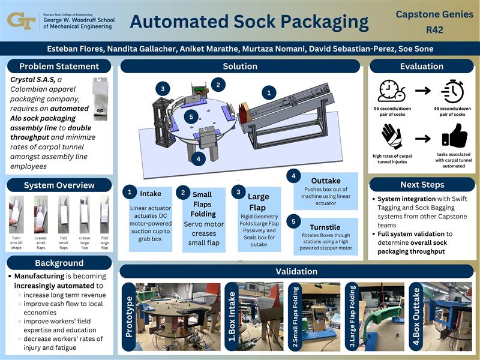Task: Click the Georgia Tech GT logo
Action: [x=21, y=20]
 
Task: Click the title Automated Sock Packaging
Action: [x=249, y=22]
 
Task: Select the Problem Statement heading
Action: [x=59, y=66]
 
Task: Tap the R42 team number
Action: [x=434, y=29]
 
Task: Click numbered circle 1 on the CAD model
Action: [x=269, y=93]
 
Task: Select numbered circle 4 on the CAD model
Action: [x=198, y=159]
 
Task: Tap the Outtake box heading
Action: [x=326, y=181]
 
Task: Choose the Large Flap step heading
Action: [x=258, y=202]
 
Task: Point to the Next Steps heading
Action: [x=422, y=185]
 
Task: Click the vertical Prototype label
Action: [x=128, y=316]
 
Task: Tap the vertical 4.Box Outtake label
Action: [x=415, y=317]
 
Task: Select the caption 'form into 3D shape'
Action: [x=17, y=242]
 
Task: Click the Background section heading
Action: [x=59, y=263]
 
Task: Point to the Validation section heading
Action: [x=296, y=271]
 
